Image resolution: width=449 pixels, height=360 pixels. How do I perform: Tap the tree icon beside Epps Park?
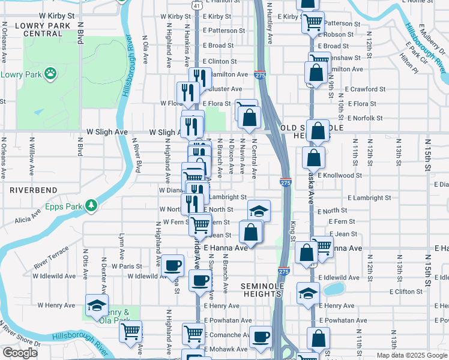91,206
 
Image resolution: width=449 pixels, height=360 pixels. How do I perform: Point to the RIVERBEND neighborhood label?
34,190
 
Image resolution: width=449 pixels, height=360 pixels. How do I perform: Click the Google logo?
20,353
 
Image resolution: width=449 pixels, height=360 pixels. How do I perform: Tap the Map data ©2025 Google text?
411,355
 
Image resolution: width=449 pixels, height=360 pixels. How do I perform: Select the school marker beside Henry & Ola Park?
97,305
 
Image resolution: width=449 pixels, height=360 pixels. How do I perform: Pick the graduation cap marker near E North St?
259,211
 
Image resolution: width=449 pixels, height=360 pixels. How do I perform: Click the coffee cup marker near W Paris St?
173,264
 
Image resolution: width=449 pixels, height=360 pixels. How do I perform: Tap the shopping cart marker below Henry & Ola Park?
130,331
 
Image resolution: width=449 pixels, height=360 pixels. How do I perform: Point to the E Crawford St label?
366,89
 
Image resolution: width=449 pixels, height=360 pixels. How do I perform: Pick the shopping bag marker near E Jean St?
251,232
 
